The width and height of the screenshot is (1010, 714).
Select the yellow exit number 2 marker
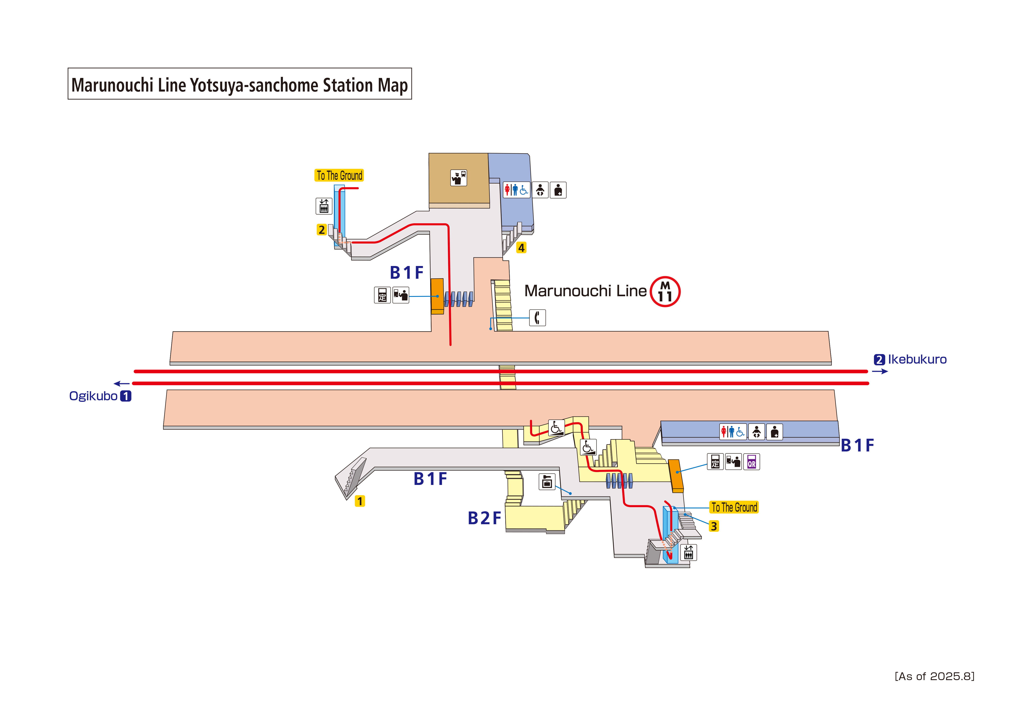point(322,230)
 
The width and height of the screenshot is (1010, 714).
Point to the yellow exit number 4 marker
point(521,248)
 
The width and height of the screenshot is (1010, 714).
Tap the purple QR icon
point(751,462)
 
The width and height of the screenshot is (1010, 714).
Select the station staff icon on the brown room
point(458,178)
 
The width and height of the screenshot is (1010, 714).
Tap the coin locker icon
point(547,482)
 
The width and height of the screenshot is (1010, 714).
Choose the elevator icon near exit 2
point(324,206)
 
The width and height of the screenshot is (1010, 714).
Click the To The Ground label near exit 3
point(734,507)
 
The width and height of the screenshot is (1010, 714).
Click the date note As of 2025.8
point(934,676)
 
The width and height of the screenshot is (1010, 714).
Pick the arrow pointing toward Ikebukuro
point(880,372)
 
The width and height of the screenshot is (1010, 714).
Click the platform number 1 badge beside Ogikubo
point(126,396)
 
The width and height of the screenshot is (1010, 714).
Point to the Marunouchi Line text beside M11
point(585,291)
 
